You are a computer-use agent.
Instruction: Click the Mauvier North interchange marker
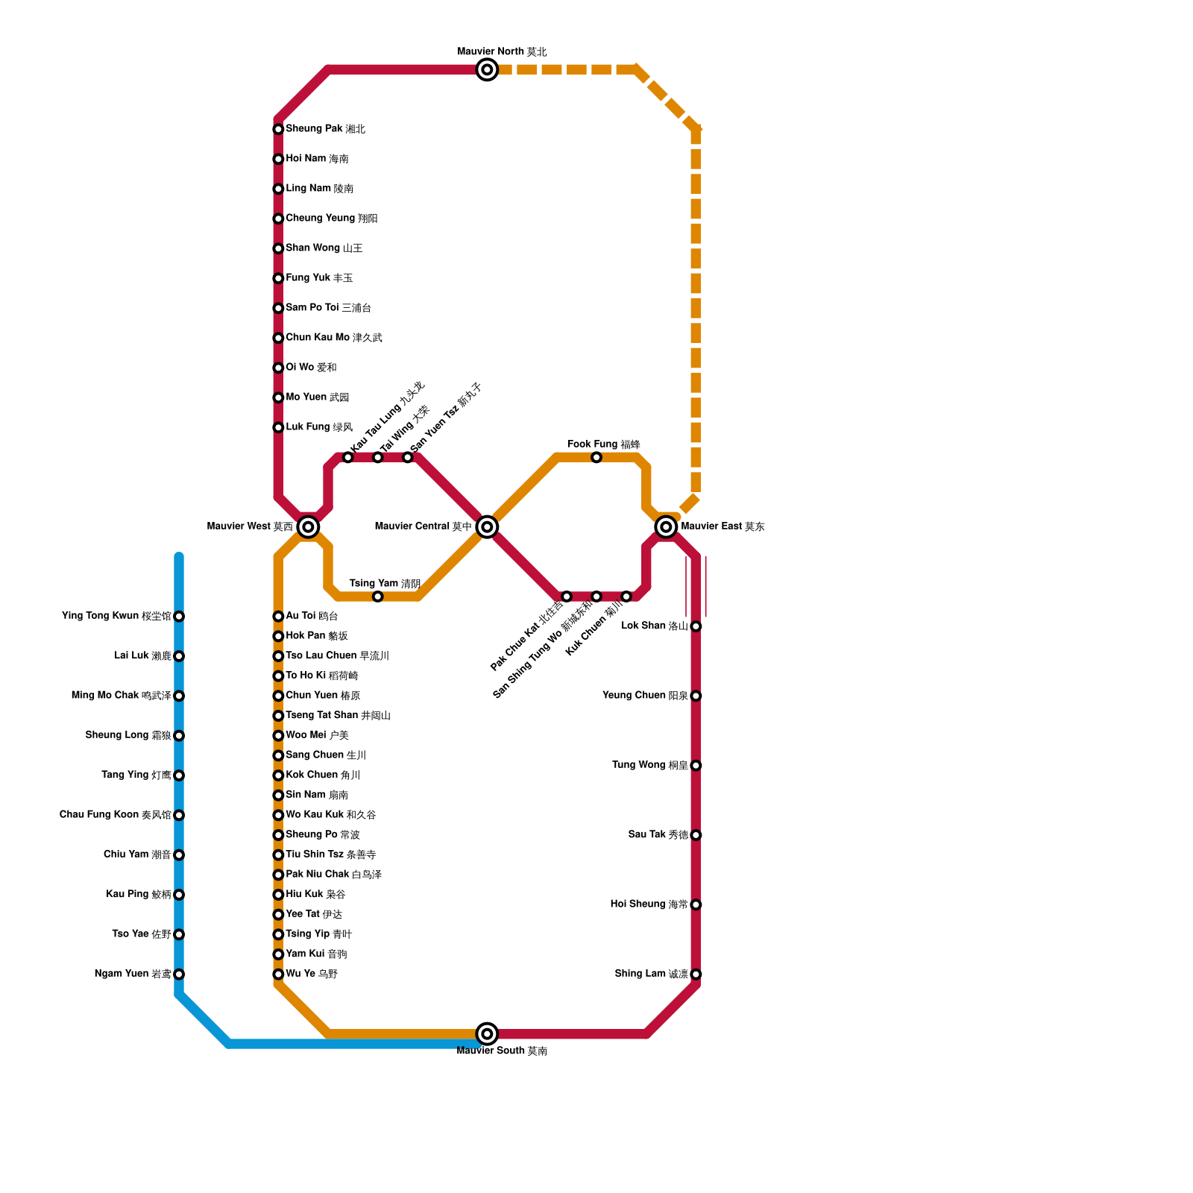pyautogui.click(x=487, y=70)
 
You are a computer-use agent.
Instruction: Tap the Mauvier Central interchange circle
pyautogui.click(x=487, y=527)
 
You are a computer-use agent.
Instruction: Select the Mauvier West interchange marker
pyautogui.click(x=308, y=527)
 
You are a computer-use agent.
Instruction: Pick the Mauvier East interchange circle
pyautogui.click(x=666, y=527)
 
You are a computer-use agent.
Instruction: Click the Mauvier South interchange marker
pyautogui.click(x=487, y=1033)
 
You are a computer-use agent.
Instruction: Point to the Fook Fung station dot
pyautogui.click(x=596, y=458)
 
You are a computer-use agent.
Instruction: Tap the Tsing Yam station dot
pyautogui.click(x=378, y=596)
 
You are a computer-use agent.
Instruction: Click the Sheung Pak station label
pyautogui.click(x=325, y=129)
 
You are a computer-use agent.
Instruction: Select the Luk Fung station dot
pyautogui.click(x=278, y=428)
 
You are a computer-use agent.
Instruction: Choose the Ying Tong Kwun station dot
pyautogui.click(x=179, y=617)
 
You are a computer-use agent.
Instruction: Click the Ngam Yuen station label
pyautogui.click(x=133, y=974)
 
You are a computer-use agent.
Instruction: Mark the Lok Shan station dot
pyautogui.click(x=696, y=626)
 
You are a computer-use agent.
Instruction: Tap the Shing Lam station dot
pyautogui.click(x=696, y=974)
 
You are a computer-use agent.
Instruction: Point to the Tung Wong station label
pyautogui.click(x=649, y=765)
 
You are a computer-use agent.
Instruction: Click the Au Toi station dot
pyautogui.click(x=278, y=617)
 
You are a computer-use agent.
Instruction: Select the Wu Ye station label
pyautogui.click(x=312, y=974)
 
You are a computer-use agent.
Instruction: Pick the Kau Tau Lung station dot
pyautogui.click(x=348, y=458)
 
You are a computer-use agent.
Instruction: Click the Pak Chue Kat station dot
pyautogui.click(x=567, y=596)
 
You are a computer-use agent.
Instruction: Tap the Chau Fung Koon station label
pyautogui.click(x=116, y=815)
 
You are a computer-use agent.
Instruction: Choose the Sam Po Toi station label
pyautogui.click(x=328, y=308)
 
